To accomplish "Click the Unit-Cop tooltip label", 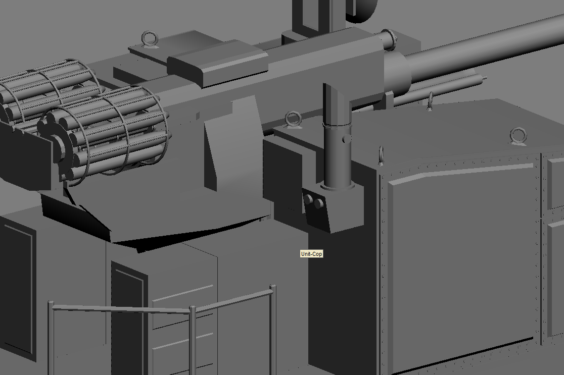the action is point(311,254).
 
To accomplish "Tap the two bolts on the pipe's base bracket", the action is point(313,202).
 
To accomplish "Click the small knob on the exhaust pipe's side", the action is point(347,138).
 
